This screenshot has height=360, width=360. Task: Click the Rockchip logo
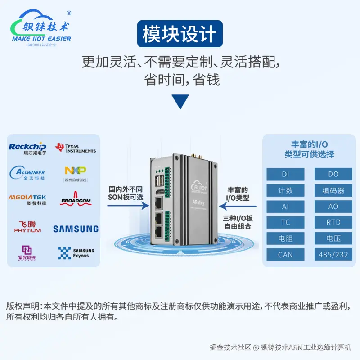tap(27, 148)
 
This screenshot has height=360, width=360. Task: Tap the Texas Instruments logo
tap(75, 148)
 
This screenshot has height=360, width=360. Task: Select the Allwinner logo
tap(27, 173)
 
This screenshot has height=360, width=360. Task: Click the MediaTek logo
tap(27, 199)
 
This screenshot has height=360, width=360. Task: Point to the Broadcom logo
tap(76, 199)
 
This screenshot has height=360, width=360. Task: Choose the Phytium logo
tap(27, 227)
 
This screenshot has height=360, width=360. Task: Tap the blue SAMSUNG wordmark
tap(76, 229)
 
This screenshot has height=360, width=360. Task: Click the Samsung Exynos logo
tap(76, 253)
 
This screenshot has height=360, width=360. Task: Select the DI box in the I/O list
tap(285, 174)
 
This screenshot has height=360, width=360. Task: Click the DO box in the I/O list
tap(333, 174)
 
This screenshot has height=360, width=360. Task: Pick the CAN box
tap(285, 255)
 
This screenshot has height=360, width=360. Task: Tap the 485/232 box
tap(333, 255)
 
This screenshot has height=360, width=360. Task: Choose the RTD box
tap(333, 222)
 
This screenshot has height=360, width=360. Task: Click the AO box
tap(333, 206)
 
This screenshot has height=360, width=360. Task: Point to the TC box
tap(285, 222)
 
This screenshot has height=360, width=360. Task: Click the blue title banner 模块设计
tap(180, 35)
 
